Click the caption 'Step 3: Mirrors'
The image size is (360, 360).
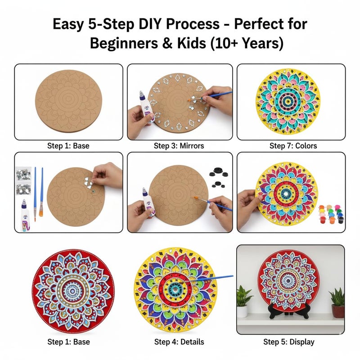point(179,146)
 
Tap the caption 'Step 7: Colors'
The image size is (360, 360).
point(293,146)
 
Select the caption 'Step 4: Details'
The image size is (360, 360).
point(179,342)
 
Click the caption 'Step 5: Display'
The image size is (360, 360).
point(288,342)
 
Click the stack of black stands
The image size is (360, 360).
point(217,174)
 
